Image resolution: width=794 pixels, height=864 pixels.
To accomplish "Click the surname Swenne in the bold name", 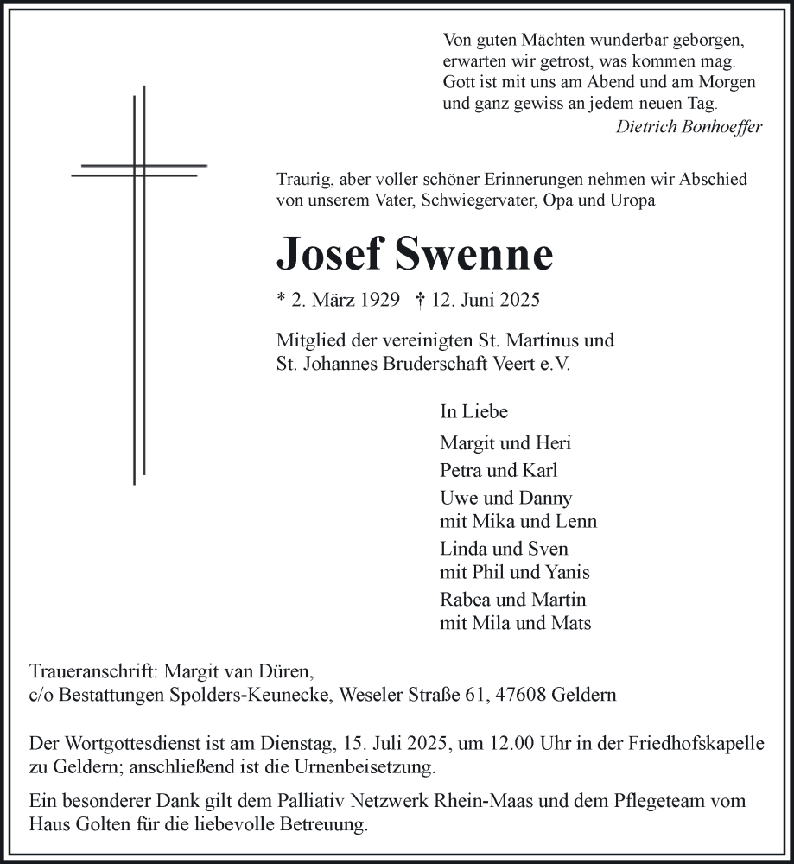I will (x=474, y=253).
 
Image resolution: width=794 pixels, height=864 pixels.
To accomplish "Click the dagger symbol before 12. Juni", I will (x=420, y=300).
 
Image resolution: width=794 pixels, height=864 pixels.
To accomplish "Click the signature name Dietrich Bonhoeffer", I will (x=689, y=127).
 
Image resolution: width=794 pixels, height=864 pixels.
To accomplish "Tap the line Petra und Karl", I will (x=499, y=471).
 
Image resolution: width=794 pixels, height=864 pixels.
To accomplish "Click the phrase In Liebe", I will (x=473, y=412).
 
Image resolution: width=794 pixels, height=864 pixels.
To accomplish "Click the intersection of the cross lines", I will (x=139, y=169).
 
